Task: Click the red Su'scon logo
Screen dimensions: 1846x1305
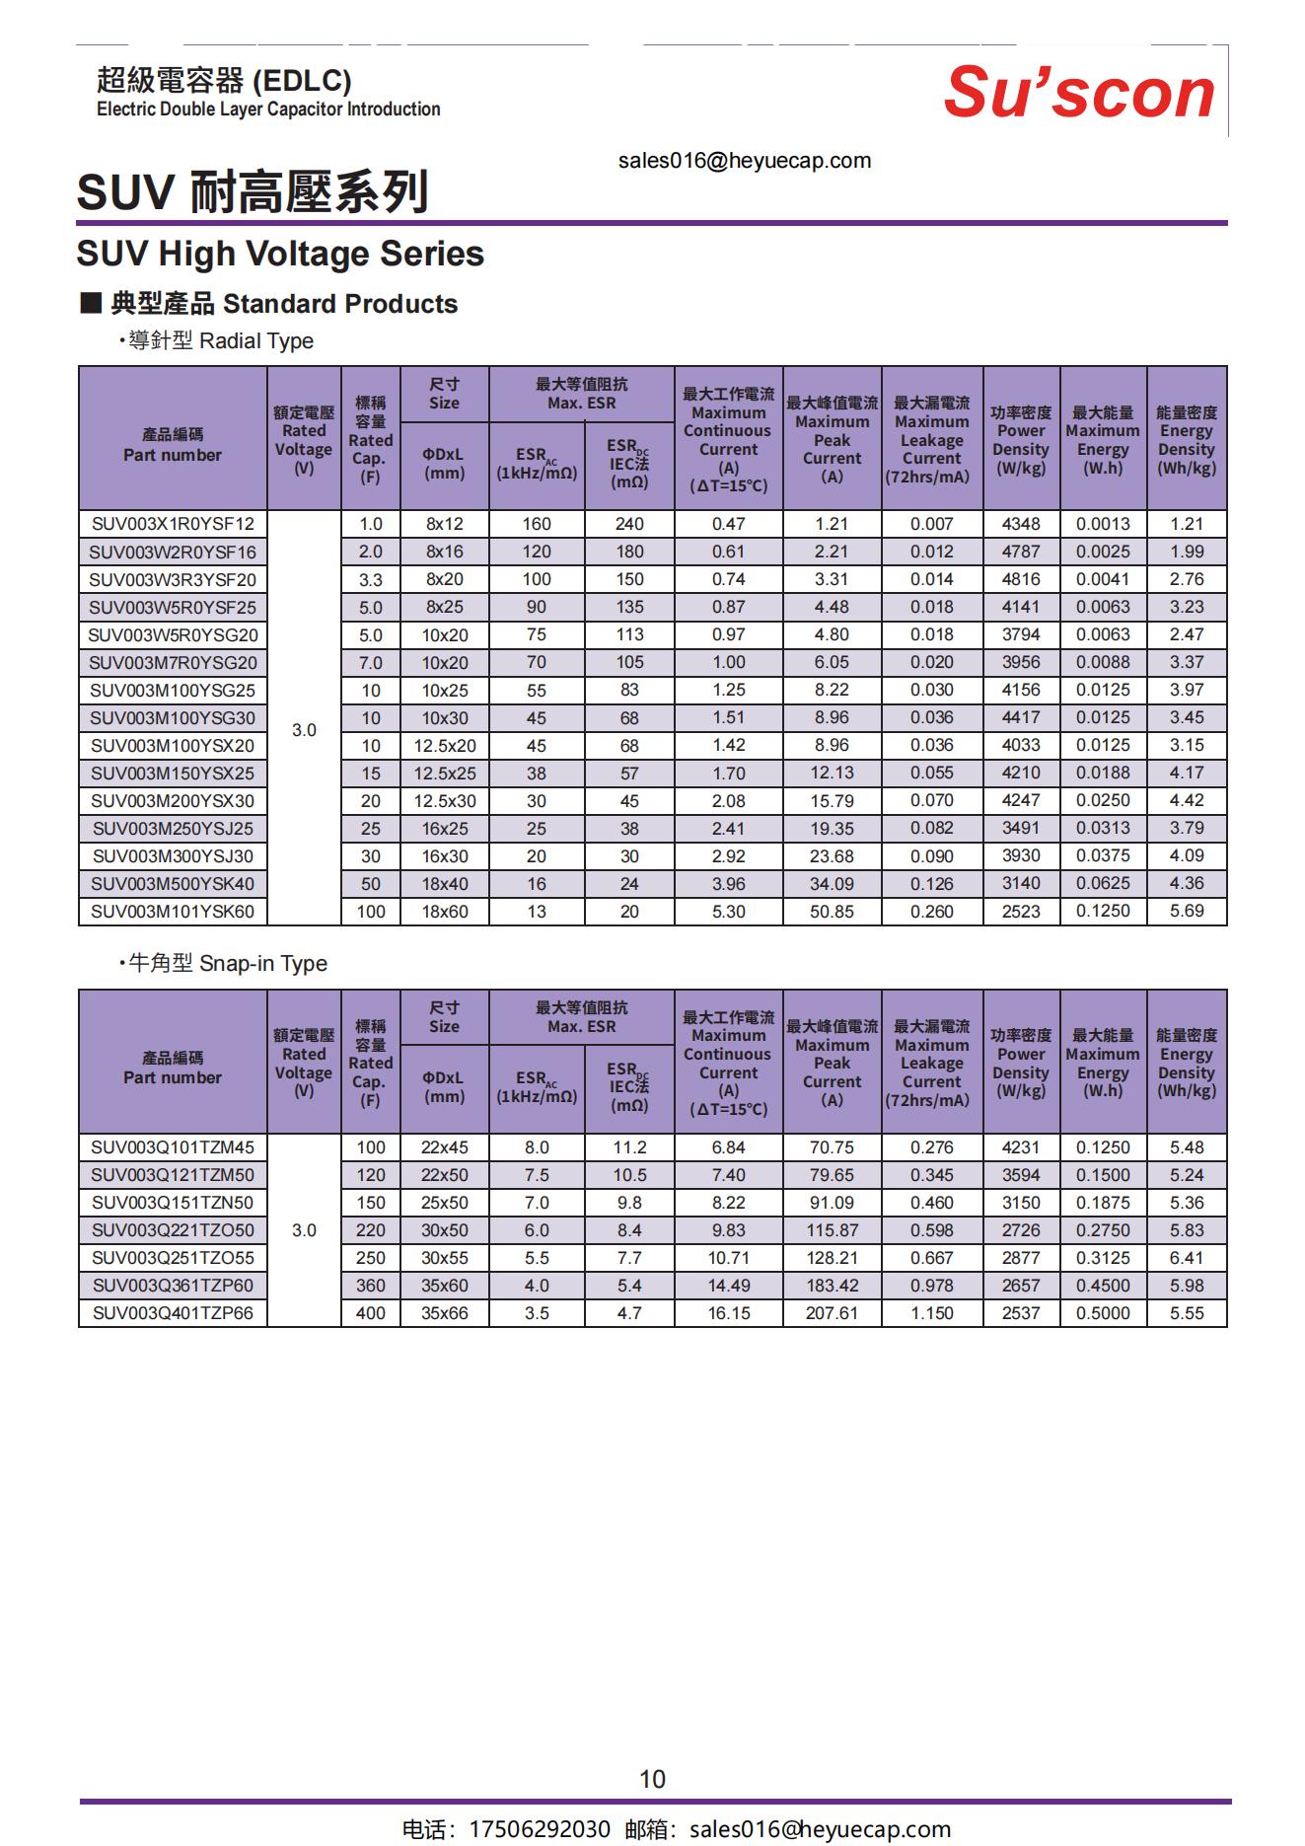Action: point(1079,93)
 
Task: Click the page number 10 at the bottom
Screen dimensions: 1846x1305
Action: point(652,1779)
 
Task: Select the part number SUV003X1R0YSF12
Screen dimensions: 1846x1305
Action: point(173,524)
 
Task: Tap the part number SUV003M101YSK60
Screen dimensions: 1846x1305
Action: point(173,912)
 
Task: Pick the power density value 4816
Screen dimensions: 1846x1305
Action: point(1021,579)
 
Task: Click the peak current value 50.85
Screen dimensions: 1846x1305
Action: point(832,912)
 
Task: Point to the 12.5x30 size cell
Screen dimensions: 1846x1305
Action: point(444,801)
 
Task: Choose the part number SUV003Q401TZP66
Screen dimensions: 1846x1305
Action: point(173,1313)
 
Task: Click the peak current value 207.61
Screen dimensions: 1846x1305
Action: point(832,1313)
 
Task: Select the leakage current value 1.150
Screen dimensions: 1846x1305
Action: point(931,1313)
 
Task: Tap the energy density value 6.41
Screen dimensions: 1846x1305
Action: point(1187,1258)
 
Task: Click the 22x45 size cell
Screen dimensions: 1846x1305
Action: point(444,1147)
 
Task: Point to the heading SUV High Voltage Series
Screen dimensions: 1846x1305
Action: point(280,254)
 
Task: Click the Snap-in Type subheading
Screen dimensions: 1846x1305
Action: point(228,963)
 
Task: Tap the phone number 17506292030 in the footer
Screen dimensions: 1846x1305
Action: point(539,1829)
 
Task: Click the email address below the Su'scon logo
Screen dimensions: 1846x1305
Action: point(745,161)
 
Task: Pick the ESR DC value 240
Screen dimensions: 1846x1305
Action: point(629,524)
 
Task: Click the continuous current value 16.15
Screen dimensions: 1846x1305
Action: point(728,1313)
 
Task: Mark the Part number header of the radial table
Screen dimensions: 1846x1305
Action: point(173,445)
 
